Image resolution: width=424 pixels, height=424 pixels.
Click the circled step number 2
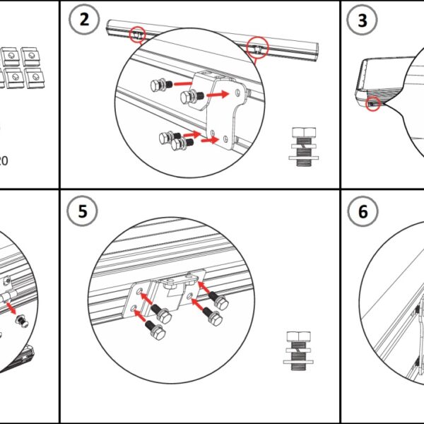coord(85,20)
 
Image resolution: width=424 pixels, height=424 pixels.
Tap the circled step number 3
coord(363,20)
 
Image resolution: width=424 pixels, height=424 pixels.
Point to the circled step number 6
coord(363,211)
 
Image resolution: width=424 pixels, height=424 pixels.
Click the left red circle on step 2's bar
coord(138,33)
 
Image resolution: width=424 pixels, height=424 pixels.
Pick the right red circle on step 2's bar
coord(259,47)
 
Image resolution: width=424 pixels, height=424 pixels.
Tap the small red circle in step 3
coord(372,105)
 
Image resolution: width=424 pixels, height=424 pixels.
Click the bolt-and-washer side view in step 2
coord(305,147)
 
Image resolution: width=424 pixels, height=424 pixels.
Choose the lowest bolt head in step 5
coord(159,331)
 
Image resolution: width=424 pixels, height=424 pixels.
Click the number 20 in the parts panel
coord(4,160)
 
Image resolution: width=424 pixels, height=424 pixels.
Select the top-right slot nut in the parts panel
coord(30,55)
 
